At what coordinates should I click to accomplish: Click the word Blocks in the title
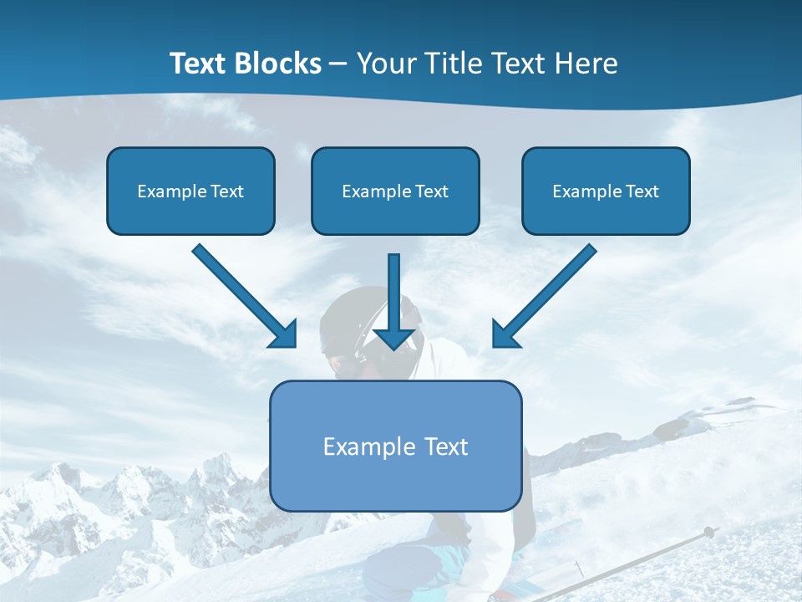pos(275,64)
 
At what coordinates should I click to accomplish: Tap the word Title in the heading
pos(452,64)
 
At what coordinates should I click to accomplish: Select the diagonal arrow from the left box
pos(242,294)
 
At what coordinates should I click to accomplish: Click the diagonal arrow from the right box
pos(547,294)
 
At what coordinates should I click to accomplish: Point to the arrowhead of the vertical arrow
pos(394,338)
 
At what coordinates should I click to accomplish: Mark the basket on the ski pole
pos(708,532)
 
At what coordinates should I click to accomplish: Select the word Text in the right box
pos(642,191)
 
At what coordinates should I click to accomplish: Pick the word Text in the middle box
pos(432,191)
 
